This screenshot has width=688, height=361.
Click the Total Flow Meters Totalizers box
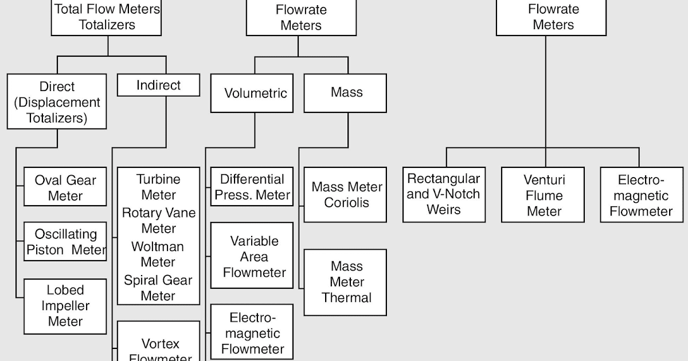tap(107, 17)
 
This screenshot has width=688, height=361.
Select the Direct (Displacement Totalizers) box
tap(57, 102)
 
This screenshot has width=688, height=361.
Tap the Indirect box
tap(158, 85)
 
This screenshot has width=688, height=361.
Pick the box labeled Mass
tap(345, 93)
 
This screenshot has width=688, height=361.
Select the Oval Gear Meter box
tap(65, 187)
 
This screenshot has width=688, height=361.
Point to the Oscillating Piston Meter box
tap(65, 241)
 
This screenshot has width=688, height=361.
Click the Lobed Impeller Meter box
tap(65, 306)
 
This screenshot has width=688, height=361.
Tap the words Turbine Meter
tap(158, 187)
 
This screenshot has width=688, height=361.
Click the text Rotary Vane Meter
tap(158, 221)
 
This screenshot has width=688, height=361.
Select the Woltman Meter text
tap(158, 254)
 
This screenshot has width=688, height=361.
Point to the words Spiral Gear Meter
tap(158, 288)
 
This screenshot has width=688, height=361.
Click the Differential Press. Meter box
tap(252, 187)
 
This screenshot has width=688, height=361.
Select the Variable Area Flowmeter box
tap(252, 256)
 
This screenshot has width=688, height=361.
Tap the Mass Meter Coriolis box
tap(345, 195)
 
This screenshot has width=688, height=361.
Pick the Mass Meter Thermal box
tap(345, 282)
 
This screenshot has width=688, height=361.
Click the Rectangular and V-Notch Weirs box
tap(444, 194)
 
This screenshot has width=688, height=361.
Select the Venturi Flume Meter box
tap(543, 195)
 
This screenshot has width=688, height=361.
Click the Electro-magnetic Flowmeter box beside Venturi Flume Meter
tap(642, 195)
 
